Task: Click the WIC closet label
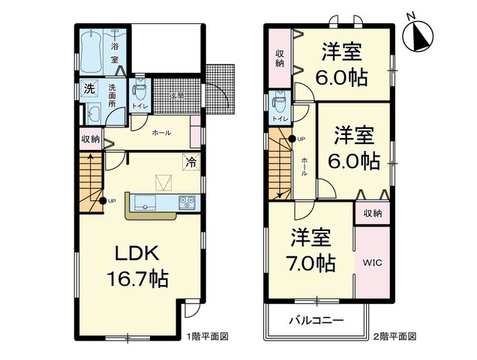coord(373,262)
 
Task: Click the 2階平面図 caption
coord(394,337)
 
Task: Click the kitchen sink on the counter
coord(145,202)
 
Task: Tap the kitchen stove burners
coord(185,202)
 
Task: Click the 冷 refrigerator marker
coord(191,160)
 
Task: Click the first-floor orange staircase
coord(91,179)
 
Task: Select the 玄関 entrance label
coord(176,97)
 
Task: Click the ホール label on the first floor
coord(160,133)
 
